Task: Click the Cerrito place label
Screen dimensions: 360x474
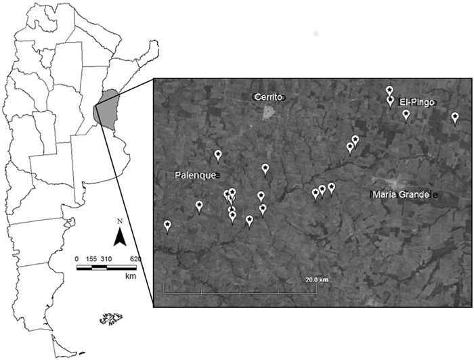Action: (x=270, y=97)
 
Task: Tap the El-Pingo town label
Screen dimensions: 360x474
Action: (x=416, y=102)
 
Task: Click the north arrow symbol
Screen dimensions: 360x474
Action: (x=119, y=236)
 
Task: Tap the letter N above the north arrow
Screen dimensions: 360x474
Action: (x=119, y=221)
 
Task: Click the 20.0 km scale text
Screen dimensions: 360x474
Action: (x=316, y=279)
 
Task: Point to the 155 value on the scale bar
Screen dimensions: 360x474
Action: (x=91, y=259)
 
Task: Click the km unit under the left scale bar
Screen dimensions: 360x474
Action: (x=131, y=276)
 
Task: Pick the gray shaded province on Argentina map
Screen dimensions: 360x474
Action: (x=106, y=112)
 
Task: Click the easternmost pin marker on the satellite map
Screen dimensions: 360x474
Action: (x=455, y=118)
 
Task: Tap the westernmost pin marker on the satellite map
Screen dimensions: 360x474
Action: (x=167, y=225)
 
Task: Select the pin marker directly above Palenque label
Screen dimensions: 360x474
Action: (x=217, y=156)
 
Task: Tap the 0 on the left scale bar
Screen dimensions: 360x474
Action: (x=77, y=259)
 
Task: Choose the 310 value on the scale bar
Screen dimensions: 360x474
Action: (x=107, y=259)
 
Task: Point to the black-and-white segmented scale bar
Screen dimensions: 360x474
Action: (x=107, y=268)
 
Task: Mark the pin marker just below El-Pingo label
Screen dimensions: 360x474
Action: (x=406, y=115)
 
